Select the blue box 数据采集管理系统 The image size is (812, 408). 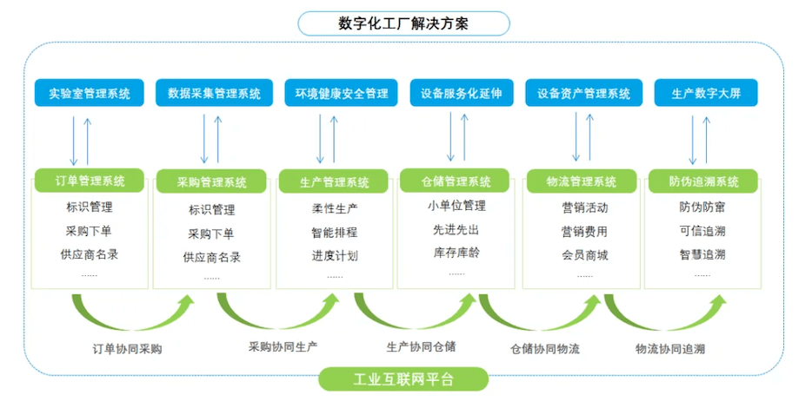[x=214, y=93]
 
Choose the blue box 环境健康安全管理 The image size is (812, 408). [x=341, y=93]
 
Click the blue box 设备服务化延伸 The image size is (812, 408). [x=462, y=93]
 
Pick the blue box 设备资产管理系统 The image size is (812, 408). [x=583, y=93]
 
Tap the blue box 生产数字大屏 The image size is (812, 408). [x=705, y=93]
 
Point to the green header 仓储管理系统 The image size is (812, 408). [x=456, y=181]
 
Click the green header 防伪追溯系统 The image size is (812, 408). [x=703, y=181]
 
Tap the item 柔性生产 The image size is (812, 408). [x=335, y=209]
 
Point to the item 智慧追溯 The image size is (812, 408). [x=702, y=255]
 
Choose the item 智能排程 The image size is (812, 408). [x=335, y=233]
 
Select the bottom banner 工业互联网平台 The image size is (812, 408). [x=404, y=379]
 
